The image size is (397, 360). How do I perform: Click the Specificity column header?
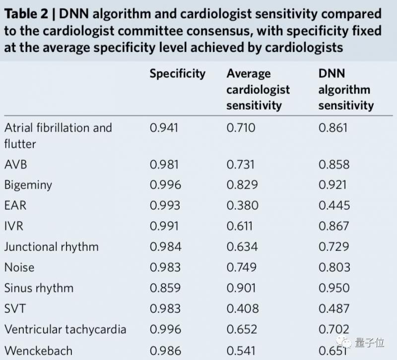178,74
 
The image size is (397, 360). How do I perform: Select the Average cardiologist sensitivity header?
258,90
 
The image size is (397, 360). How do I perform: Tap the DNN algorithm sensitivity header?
346,90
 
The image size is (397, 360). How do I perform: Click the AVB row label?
16,165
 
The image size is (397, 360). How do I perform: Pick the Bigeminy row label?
28,185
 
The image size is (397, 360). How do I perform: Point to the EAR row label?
15,205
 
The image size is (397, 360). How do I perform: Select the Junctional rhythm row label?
52,247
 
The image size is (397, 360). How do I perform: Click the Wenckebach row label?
39,351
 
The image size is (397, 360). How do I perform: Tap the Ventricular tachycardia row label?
66,329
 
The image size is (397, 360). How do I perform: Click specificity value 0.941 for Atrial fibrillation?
164,128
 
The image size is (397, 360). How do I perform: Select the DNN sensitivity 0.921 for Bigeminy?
332,185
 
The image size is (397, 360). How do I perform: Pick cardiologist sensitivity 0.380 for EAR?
242,205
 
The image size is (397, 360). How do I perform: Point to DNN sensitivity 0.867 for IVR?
333,226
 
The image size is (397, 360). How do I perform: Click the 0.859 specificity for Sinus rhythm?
165,288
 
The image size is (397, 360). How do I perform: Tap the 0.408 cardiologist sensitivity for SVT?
243,308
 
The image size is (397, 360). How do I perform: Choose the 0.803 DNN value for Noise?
334,267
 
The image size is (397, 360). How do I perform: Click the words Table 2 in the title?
26,14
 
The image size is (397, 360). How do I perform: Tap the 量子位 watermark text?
370,343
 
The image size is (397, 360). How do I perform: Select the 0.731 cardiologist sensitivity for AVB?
241,165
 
